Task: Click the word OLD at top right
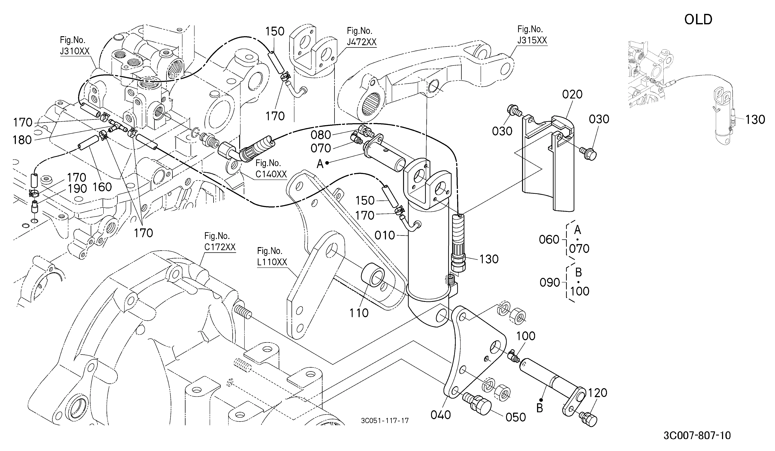point(698,20)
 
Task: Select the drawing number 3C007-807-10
point(697,435)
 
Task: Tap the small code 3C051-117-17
point(385,420)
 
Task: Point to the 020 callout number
point(572,94)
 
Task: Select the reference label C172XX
point(220,247)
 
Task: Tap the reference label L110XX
point(272,262)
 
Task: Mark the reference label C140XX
point(271,174)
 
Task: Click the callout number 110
point(359,313)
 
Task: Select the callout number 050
point(516,417)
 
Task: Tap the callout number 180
point(22,140)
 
